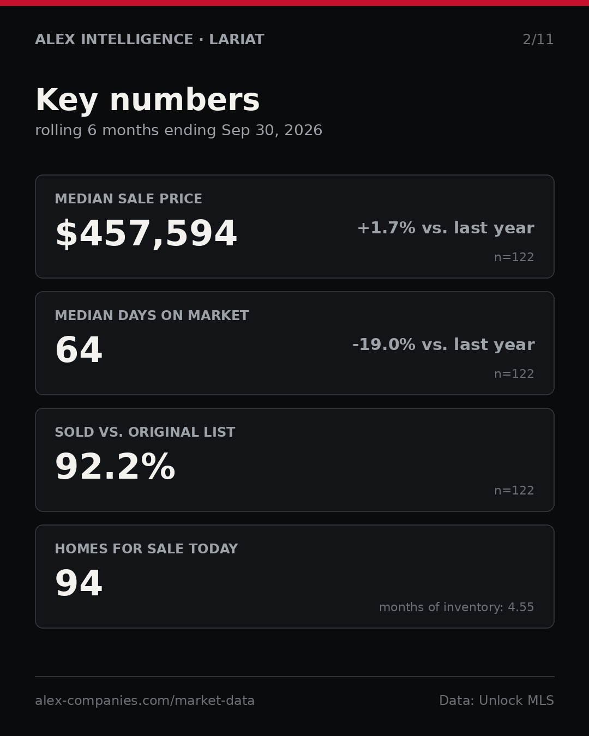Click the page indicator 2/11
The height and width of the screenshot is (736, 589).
click(538, 40)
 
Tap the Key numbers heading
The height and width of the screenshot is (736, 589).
click(147, 100)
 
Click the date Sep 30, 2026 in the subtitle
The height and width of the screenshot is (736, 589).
click(272, 130)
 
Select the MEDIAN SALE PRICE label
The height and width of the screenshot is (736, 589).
click(128, 198)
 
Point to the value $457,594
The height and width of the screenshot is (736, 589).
click(146, 233)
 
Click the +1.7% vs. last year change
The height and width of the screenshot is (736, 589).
click(446, 228)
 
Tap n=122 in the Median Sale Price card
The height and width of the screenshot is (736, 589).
click(514, 257)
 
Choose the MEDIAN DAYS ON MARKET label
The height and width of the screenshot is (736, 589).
click(152, 315)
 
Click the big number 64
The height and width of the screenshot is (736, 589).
click(79, 350)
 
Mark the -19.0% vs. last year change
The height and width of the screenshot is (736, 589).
click(443, 345)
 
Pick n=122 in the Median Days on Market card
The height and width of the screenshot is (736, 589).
click(514, 374)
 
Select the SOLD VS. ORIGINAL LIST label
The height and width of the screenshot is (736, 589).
click(145, 432)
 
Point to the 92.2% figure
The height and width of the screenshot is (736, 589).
click(115, 467)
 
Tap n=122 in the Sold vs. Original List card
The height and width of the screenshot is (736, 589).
click(514, 491)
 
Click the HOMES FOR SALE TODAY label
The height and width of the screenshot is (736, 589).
click(146, 548)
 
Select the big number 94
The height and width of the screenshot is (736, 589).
click(79, 583)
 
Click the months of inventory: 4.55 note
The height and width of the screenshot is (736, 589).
click(456, 607)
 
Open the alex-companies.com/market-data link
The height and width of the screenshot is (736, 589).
click(145, 701)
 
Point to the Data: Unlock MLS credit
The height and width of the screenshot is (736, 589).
click(497, 700)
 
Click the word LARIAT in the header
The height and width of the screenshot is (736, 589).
click(237, 39)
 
